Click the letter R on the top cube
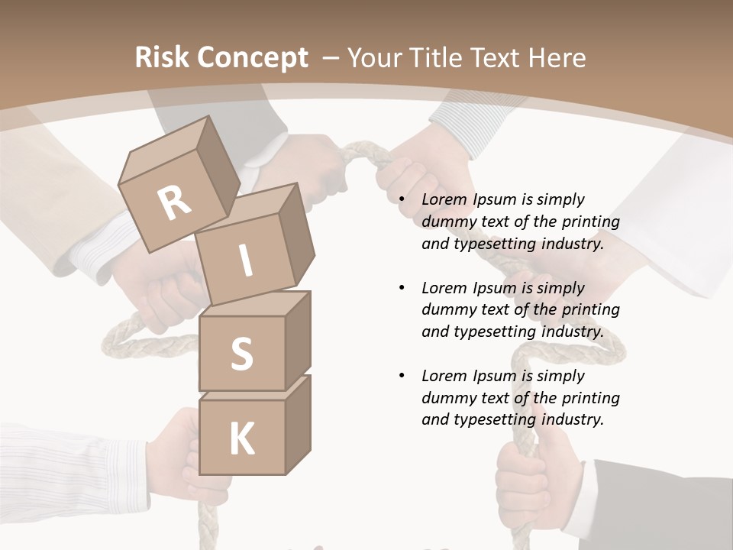[x=175, y=203]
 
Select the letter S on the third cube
[x=241, y=354]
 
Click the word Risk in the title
[x=159, y=57]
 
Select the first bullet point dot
[x=402, y=200]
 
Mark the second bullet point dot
[x=402, y=289]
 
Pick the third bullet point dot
[x=402, y=377]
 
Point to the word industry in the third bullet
[x=572, y=419]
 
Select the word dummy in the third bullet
[x=446, y=398]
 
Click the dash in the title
[x=331, y=57]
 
